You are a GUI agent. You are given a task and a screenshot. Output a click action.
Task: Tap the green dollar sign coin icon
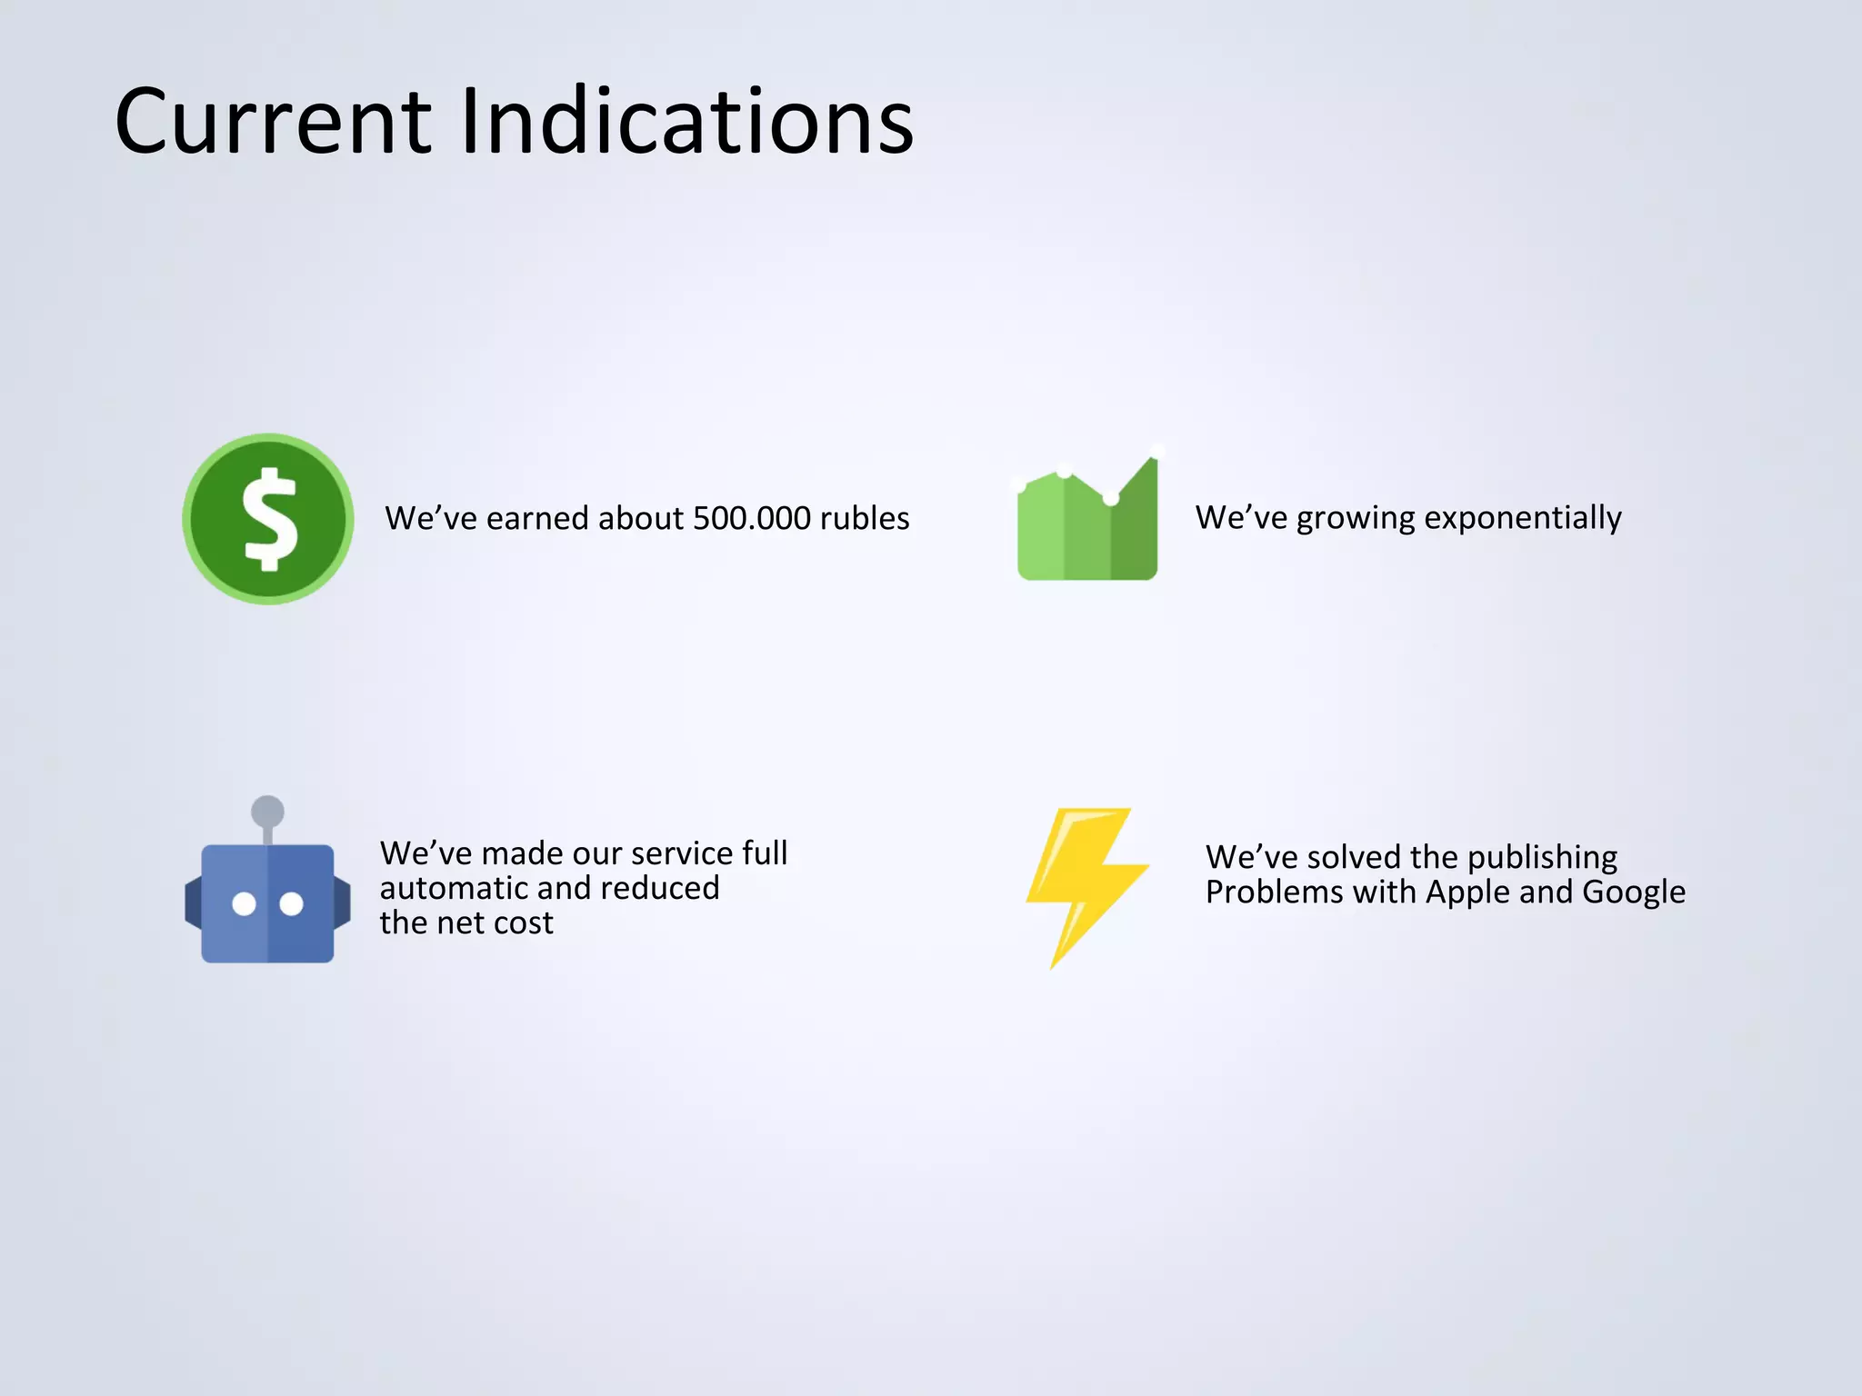pyautogui.click(x=268, y=519)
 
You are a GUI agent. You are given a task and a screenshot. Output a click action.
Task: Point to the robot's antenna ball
pyautogui.click(x=267, y=811)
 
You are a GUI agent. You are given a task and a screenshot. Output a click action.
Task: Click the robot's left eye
pyautogui.click(x=244, y=903)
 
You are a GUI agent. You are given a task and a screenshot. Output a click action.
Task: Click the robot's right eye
pyautogui.click(x=291, y=903)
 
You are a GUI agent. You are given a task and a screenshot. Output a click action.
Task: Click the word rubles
pyautogui.click(x=864, y=518)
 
